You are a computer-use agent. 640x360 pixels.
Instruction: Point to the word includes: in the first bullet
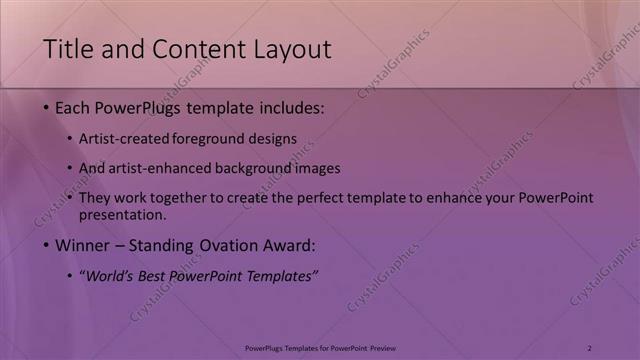click(x=291, y=107)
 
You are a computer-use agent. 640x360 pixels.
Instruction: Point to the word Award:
click(x=290, y=245)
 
